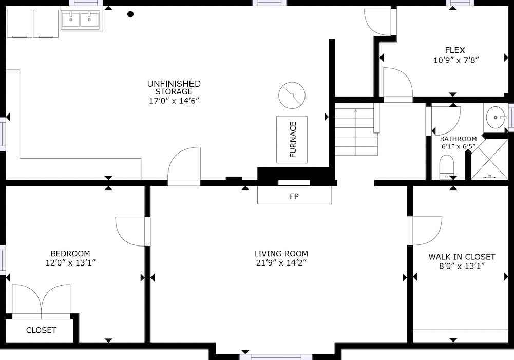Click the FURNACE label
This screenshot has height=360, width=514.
[293, 139]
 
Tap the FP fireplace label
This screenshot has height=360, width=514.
[294, 196]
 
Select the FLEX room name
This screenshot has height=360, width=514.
[454, 50]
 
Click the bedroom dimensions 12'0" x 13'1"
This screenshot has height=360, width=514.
[70, 262]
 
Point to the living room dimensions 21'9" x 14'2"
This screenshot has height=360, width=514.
[281, 262]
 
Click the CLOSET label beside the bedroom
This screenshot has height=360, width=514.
[41, 330]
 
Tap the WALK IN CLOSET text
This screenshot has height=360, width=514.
[462, 257]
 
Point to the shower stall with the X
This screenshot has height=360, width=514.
[489, 159]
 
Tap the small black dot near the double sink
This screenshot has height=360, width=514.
[130, 14]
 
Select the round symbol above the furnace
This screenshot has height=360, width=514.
[292, 96]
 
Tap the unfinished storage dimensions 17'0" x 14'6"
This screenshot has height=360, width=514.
[174, 101]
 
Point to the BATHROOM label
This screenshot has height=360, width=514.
[458, 139]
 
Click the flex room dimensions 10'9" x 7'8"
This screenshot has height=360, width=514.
[456, 60]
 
